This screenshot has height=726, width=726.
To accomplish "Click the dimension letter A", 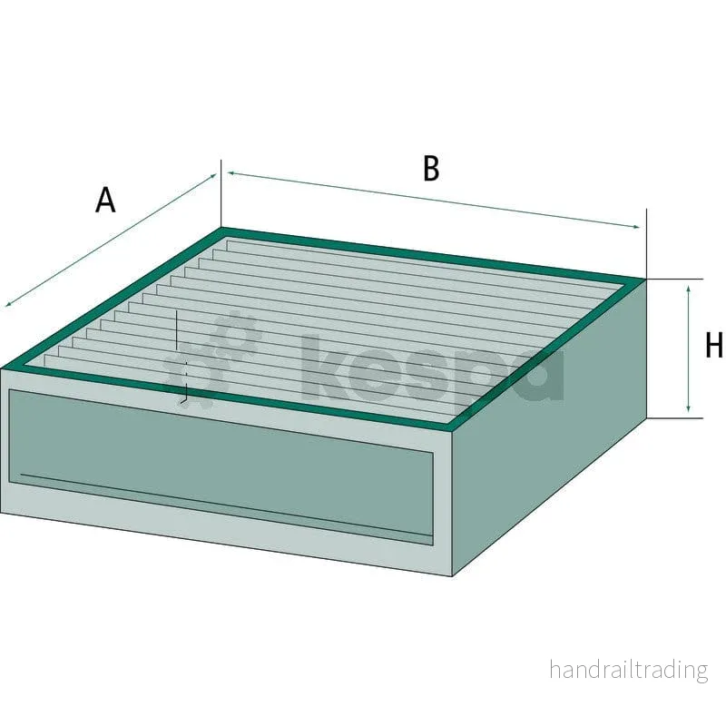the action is point(105,200).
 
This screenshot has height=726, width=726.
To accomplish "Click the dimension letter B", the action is point(431,169).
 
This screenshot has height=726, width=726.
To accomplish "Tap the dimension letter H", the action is point(713,345).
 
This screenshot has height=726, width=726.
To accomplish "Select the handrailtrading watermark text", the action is point(628,670).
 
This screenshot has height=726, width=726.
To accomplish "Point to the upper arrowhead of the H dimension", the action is point(689,289).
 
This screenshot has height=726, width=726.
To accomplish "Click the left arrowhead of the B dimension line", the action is point(231,173).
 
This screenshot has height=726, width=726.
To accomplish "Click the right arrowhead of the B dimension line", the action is point(636,226).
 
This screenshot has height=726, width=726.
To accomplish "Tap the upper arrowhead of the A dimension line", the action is point(213,175).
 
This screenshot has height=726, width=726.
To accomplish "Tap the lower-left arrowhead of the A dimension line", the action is point(8,304).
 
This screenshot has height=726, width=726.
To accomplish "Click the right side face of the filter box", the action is point(549,427).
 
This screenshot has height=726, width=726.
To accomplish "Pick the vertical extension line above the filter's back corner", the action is point(221,193).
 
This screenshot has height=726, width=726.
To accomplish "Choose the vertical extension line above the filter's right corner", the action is point(647,243).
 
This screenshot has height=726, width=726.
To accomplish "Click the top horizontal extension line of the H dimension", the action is point(675,279).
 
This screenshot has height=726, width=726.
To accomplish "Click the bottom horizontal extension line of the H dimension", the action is point(675,417).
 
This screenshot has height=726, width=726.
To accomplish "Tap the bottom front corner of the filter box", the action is point(452,576).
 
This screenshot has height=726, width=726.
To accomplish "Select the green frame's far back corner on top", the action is point(221,229).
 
